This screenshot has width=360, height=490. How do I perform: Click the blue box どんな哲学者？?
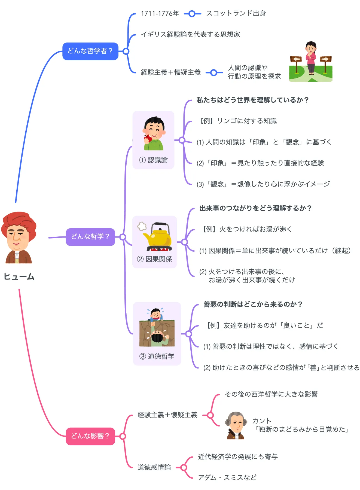coord(90,51)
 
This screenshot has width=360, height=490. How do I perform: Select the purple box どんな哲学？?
coord(90,237)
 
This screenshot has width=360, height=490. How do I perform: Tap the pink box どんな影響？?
coord(90,436)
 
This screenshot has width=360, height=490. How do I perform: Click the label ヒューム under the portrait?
coord(19,277)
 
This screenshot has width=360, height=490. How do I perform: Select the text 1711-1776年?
coord(160,13)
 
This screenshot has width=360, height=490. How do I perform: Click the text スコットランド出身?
coord(236,13)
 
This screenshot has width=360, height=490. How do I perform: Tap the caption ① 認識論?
coord(153,160)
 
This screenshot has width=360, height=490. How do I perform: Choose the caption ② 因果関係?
coord(154,259)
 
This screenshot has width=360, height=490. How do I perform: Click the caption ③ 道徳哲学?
coord(157,356)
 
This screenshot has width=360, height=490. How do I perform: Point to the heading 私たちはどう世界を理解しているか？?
coord(252,100)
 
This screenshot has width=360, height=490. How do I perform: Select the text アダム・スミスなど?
coord(227,477)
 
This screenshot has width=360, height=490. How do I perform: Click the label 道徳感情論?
coord(154,467)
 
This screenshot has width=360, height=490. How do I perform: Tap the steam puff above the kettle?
coord(142,226)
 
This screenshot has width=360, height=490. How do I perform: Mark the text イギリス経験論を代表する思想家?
coord(190,34)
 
